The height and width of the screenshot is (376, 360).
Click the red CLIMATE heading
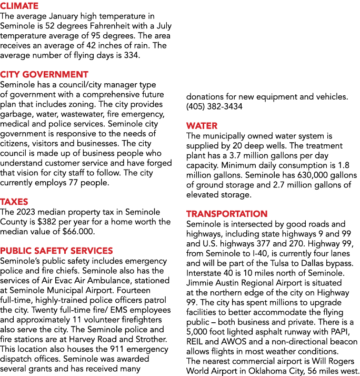pyautogui.click(x=19, y=6)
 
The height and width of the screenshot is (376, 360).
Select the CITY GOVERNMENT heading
pyautogui.click(x=44, y=74)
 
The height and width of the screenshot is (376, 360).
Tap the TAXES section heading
pyautogui.click(x=14, y=202)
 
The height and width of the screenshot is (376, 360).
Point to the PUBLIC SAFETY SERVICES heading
pyautogui.click(x=56, y=251)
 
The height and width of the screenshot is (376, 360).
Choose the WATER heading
pyautogui.click(x=202, y=126)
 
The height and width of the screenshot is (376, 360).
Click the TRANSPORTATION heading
pyautogui.click(x=227, y=214)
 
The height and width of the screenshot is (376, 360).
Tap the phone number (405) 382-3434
pyautogui.click(x=214, y=106)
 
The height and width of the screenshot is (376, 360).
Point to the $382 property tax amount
pyautogui.click(x=46, y=222)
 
